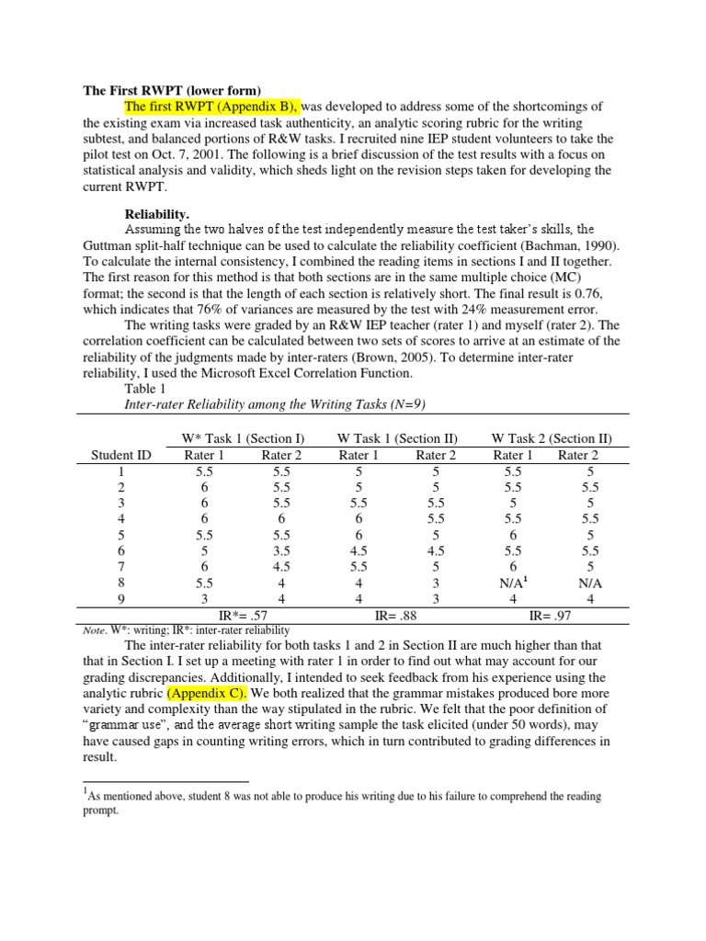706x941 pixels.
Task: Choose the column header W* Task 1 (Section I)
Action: [242, 438]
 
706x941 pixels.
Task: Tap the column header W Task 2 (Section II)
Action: [552, 438]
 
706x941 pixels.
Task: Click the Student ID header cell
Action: [121, 455]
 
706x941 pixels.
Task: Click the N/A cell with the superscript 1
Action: [512, 582]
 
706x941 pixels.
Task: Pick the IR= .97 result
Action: [551, 613]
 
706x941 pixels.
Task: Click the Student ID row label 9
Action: [121, 598]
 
